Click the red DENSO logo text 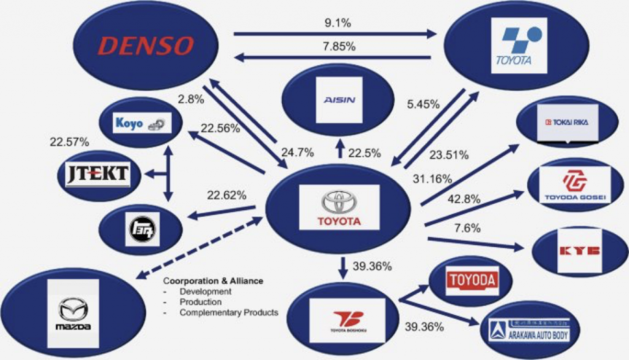(x=146, y=45)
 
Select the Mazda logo (x=74, y=314)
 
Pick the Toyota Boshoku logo (x=348, y=319)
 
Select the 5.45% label (x=424, y=104)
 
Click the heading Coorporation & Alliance (x=213, y=281)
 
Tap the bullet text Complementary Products (x=229, y=313)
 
